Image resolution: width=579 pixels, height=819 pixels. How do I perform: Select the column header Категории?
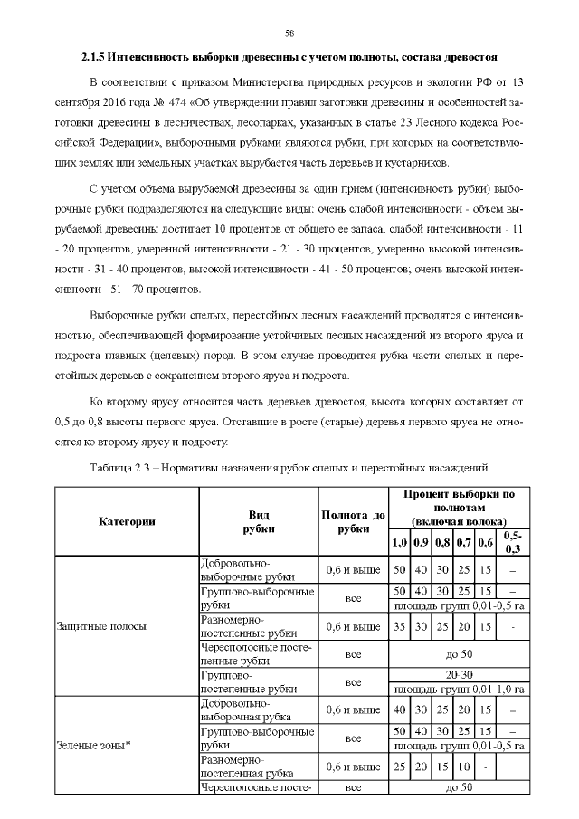click(x=127, y=521)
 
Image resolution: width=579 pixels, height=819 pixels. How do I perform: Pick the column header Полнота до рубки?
click(x=353, y=521)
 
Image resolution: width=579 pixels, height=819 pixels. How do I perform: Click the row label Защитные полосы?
click(x=90, y=625)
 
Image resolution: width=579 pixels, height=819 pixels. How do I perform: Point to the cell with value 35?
click(x=399, y=625)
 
